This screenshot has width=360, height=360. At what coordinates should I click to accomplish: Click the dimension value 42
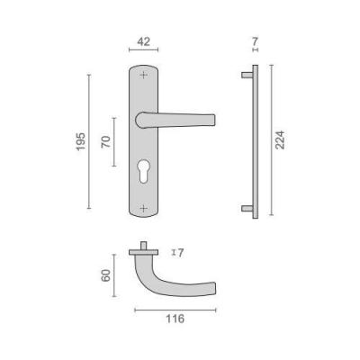[x=143, y=41]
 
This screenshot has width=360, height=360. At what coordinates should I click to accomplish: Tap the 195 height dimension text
[x=80, y=141]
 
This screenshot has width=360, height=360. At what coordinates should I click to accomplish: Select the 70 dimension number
[x=106, y=141]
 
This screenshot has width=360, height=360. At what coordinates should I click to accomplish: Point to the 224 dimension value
[x=280, y=139]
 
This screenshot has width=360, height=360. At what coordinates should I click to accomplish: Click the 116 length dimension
[x=175, y=319]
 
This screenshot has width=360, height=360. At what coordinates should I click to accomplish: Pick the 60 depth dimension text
[x=105, y=275]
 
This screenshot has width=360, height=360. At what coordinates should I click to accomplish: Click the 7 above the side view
[x=255, y=41]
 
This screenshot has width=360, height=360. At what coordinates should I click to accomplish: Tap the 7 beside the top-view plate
[x=180, y=253]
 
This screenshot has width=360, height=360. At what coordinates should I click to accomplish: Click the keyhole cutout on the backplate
[x=144, y=171]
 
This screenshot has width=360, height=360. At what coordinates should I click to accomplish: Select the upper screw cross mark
[x=144, y=75]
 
